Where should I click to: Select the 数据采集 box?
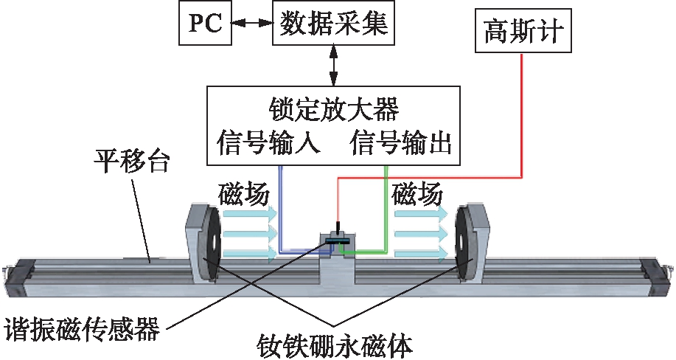coord(335,24)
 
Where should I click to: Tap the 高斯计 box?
coord(523,31)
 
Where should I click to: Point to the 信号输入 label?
coord(269,142)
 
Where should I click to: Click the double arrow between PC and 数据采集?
coord(251,24)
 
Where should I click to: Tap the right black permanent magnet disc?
coord(466,243)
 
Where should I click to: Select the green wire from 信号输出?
coord(386,214)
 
